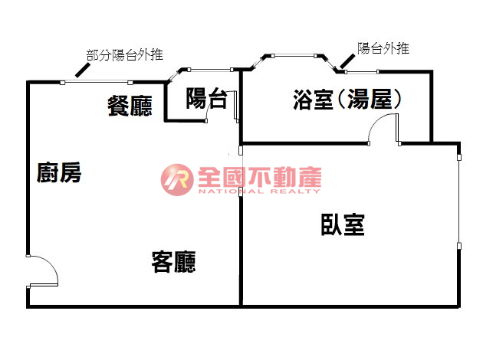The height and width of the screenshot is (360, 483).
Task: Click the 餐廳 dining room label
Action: click(130, 106)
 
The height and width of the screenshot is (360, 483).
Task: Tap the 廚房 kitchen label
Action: click(59, 172)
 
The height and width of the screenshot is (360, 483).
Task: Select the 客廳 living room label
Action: click(174, 262)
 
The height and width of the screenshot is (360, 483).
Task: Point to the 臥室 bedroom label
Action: click(343, 225)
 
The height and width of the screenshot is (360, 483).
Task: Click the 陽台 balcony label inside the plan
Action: click(207, 99)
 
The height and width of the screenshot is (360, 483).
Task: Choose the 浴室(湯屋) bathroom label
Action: click(347, 100)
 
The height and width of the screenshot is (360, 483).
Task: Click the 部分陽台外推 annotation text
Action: click(124, 55)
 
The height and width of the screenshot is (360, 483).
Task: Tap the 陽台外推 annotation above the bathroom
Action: click(383, 48)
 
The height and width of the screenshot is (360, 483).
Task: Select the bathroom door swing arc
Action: click(382, 127)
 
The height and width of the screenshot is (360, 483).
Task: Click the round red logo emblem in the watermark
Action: click(177, 180)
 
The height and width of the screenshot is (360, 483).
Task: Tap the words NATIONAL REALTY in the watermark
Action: click(259, 191)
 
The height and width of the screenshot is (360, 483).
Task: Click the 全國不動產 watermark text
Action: click(260, 177)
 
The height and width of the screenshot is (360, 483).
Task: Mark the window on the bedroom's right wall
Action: click(459, 201)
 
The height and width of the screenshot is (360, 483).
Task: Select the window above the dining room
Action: click(97, 82)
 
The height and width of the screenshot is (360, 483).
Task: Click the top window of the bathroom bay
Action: click(294, 56)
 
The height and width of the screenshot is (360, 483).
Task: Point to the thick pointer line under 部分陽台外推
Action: click(83, 70)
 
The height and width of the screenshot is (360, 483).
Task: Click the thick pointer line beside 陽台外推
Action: click(347, 61)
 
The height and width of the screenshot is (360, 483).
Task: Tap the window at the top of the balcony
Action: click(210, 70)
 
